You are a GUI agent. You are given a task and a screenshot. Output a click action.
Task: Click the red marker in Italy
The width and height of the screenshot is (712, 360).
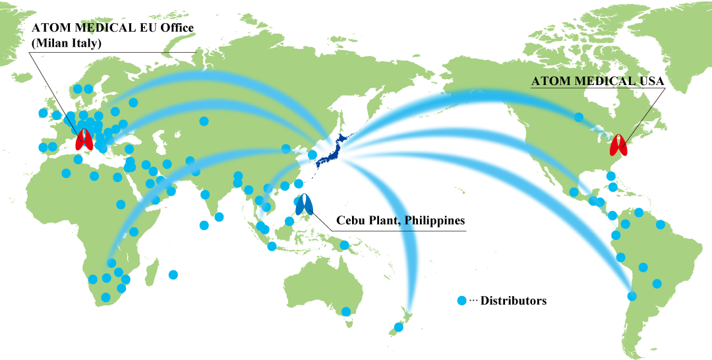point(84,139)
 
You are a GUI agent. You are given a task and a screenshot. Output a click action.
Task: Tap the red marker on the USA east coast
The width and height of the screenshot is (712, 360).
point(620,145)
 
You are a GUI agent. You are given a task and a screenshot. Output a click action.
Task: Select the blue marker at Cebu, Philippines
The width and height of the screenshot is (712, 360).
point(304,205)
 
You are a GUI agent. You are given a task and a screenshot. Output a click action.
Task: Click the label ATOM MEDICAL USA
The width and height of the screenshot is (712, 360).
point(597,81)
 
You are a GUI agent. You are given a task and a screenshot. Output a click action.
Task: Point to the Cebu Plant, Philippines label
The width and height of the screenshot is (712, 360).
point(401,220)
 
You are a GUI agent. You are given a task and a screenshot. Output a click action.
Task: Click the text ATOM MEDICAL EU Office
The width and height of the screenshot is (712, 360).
point(112,28)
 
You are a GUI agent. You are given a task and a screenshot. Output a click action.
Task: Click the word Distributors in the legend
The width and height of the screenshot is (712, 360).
point(514,301)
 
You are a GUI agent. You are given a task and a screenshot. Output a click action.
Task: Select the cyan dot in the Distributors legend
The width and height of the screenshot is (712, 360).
point(462,301)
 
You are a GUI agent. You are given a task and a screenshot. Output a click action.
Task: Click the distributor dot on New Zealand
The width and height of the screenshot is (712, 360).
point(398,327)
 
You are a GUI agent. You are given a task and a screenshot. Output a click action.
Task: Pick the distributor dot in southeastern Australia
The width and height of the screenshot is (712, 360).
point(346,311)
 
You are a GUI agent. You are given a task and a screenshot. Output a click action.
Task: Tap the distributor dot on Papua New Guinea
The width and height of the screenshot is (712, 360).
point(343,246)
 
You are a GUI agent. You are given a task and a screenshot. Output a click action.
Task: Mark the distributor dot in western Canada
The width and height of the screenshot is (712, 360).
point(578,117)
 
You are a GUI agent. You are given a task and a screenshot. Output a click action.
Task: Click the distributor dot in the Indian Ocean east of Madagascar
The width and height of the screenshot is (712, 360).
point(173,274)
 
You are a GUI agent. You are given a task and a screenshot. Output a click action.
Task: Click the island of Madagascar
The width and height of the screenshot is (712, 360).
point(151,272)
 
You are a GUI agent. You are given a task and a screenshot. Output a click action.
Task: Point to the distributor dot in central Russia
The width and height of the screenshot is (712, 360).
point(204,121)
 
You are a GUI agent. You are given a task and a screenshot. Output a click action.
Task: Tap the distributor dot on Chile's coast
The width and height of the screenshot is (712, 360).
point(632,296)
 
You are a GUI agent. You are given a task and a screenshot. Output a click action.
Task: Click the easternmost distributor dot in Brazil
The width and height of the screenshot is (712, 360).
point(660,225)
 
